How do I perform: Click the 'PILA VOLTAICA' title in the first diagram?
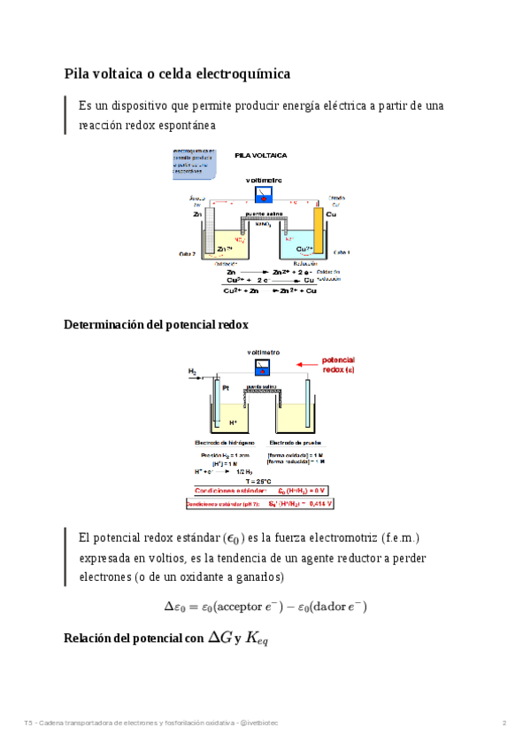click(x=260, y=155)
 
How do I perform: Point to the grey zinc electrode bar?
click(x=210, y=226)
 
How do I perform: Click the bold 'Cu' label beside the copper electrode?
click(x=331, y=214)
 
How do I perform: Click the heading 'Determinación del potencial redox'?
click(x=156, y=325)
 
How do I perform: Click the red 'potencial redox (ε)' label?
click(x=337, y=365)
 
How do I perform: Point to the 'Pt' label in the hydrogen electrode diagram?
click(x=225, y=387)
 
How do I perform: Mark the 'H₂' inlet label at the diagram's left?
click(x=192, y=371)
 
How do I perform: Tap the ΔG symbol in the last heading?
click(x=220, y=636)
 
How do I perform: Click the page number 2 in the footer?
click(x=504, y=724)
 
